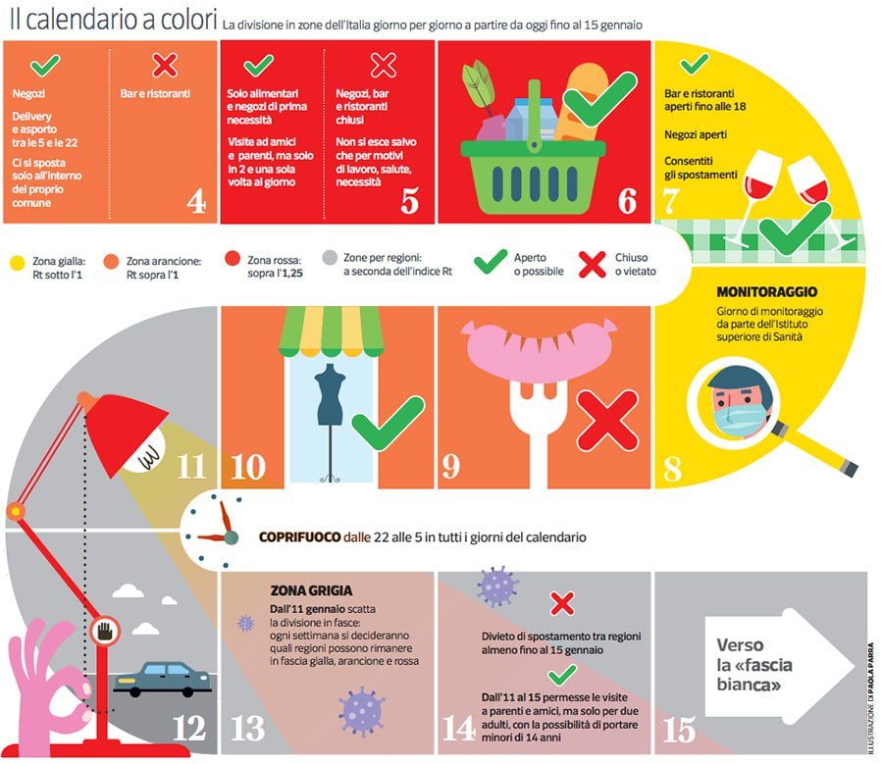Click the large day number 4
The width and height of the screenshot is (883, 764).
pos(195,200)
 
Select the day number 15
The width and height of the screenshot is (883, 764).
pos(680,729)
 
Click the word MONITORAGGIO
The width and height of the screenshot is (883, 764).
pos(767,292)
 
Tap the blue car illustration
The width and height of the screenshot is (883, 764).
pos(162,678)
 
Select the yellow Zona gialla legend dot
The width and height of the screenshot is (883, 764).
pos(17,263)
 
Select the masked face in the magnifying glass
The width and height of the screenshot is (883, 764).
pos(737,399)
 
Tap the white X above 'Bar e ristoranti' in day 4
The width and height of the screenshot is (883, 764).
pos(165,66)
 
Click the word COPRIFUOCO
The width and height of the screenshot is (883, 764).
pos(299,537)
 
